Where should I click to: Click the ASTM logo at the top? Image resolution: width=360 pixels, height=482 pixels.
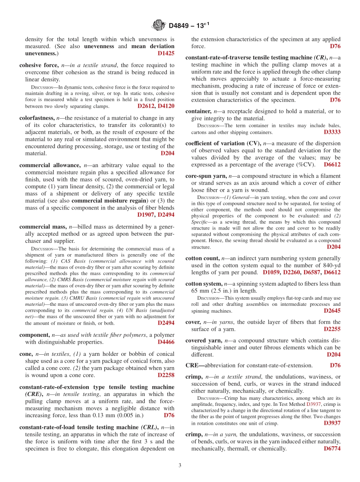pyautogui.click(x=158, y=25)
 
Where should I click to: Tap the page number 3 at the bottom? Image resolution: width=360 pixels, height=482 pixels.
pyautogui.click(x=180, y=466)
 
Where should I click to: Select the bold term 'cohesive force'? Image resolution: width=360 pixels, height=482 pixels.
pyautogui.click(x=37, y=65)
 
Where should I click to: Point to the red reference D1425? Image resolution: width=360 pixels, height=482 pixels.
pyautogui.click(x=166, y=53)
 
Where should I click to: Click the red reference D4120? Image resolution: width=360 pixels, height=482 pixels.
pyautogui.click(x=166, y=106)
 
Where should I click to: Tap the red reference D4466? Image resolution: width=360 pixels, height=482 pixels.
pyautogui.click(x=166, y=342)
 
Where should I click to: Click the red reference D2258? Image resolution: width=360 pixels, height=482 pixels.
pyautogui.click(x=166, y=375)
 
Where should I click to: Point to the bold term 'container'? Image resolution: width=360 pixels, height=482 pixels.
pyautogui.click(x=198, y=111)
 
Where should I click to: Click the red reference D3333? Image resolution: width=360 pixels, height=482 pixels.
pyautogui.click(x=332, y=132)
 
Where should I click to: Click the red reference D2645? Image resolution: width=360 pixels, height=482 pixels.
pyautogui.click(x=332, y=311)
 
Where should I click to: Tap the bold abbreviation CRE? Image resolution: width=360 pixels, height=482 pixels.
pyautogui.click(x=193, y=366)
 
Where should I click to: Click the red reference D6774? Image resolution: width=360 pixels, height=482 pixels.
pyautogui.click(x=332, y=449)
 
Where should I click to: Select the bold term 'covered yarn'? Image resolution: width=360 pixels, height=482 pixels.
pyautogui.click(x=203, y=341)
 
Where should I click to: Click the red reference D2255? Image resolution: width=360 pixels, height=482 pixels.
pyautogui.click(x=332, y=329)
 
